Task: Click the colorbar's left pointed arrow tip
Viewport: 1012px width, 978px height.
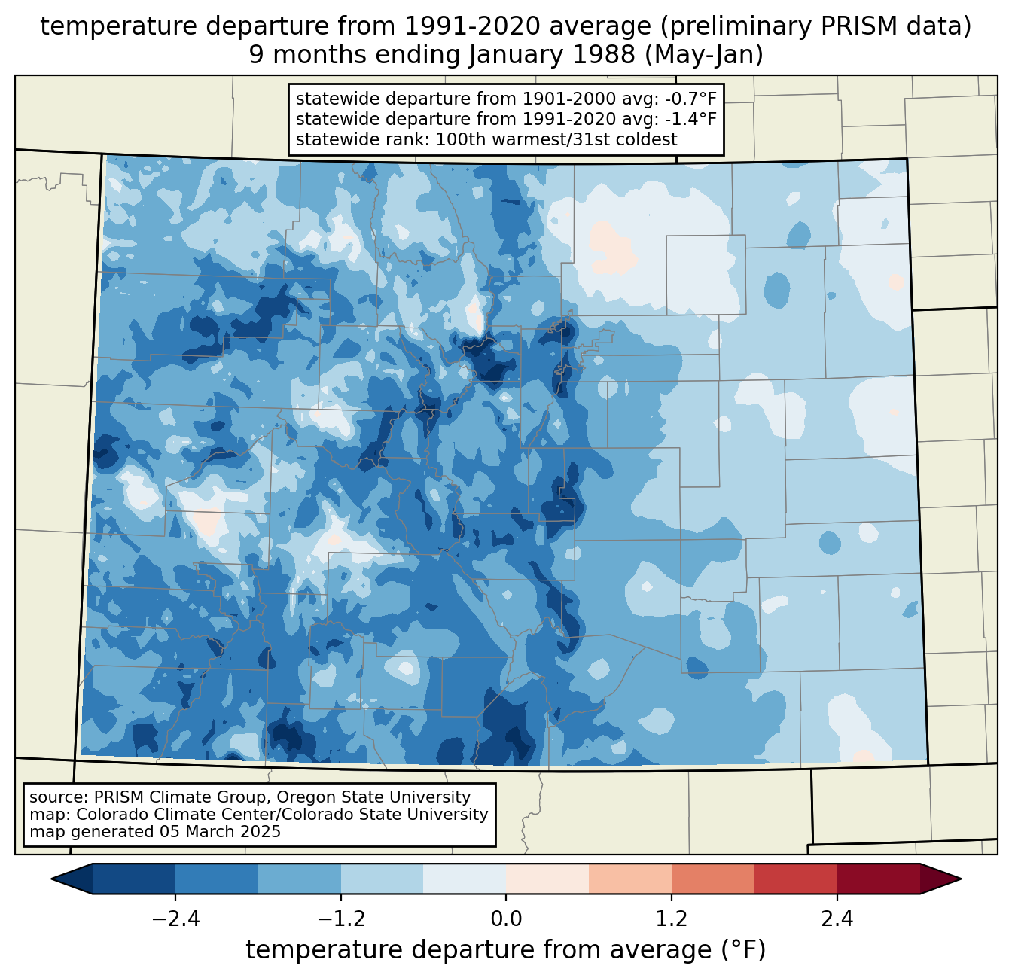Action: pos(51,879)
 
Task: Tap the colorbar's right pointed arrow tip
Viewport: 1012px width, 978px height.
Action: pos(961,879)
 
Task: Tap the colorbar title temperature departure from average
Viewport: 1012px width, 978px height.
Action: pos(505,949)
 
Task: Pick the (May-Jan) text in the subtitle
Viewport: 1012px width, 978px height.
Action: pos(703,55)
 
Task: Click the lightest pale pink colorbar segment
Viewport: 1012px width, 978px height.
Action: pos(547,879)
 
